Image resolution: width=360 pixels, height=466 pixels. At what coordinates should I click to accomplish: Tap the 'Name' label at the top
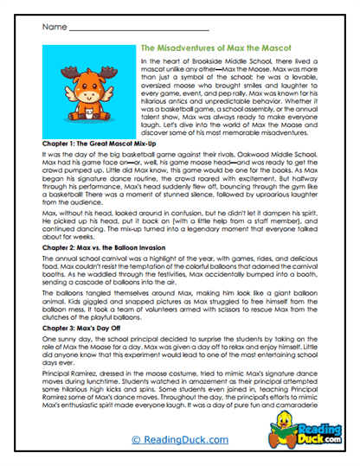coord(51,27)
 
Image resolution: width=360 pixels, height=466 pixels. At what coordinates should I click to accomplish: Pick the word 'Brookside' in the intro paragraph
coord(203,65)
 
